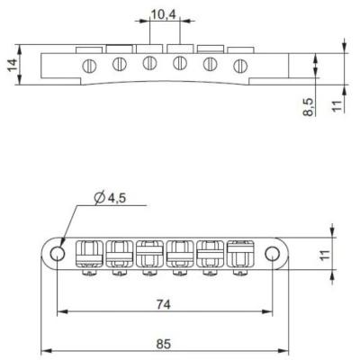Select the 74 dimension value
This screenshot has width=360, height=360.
[x=160, y=304]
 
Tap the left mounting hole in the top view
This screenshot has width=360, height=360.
[x=58, y=254]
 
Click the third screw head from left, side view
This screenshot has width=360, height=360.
[x=148, y=64]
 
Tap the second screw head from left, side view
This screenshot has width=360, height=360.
[x=118, y=64]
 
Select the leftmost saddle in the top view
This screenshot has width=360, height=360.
[x=88, y=255]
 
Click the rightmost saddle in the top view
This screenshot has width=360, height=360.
[x=241, y=255]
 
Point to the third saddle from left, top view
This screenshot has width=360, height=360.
[x=149, y=255]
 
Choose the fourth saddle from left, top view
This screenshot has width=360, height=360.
[x=180, y=255]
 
